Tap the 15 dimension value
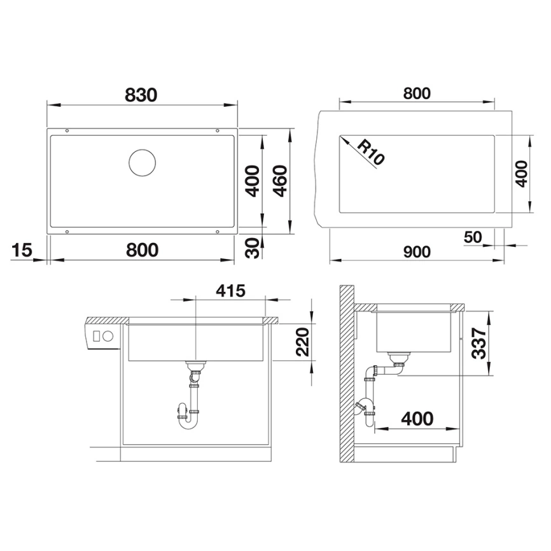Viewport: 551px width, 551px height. coord(22,250)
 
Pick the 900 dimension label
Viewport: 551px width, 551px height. coord(417,251)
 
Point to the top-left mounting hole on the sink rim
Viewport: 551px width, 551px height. coord(67,131)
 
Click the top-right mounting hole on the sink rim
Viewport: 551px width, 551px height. coord(218,131)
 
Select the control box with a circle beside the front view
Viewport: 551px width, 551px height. coord(102,336)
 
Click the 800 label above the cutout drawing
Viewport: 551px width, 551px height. coord(417,94)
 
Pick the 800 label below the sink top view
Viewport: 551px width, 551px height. coord(141,250)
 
